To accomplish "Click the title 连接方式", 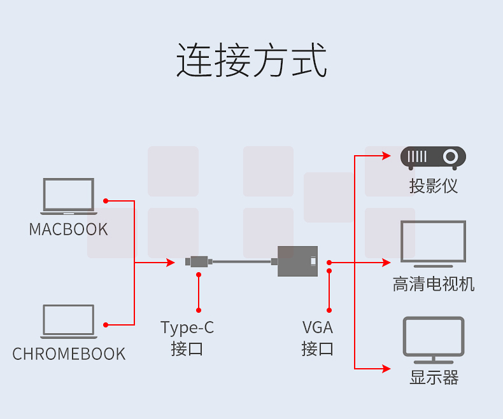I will (251, 60).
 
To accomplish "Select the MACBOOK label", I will (68, 230).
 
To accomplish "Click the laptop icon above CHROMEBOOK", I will (68, 322).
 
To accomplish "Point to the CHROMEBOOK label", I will (69, 354).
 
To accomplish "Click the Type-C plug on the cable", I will (198, 261).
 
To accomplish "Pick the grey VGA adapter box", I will (298, 261).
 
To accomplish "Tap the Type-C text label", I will (187, 327).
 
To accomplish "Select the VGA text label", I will (318, 327).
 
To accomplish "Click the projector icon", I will (433, 158).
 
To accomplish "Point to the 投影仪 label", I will (433, 186).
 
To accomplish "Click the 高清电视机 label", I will (433, 284).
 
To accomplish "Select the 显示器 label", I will (434, 378).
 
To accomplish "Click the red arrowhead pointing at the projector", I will (386, 155).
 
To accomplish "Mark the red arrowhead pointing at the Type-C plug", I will (170, 262).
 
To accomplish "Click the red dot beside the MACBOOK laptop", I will (106, 201).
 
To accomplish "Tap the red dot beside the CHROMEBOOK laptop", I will (106, 325).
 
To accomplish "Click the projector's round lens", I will (451, 156).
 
